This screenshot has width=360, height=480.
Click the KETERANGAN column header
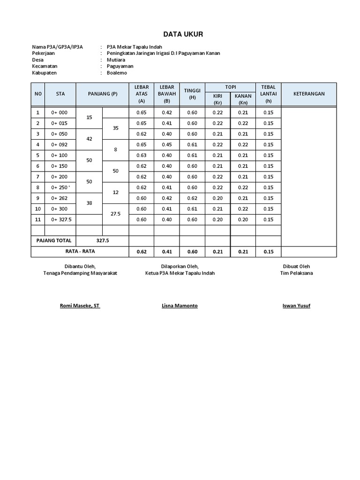coord(309,94)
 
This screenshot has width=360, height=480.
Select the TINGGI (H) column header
coord(192,94)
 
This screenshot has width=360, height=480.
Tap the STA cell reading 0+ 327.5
coord(60,219)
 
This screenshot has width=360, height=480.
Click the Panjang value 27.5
coord(115,214)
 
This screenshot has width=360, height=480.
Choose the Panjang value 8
coord(115,150)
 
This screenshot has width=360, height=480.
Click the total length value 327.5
coord(102,240)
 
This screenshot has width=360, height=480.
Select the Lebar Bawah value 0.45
coord(167,144)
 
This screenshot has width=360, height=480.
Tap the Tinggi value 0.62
coord(192,198)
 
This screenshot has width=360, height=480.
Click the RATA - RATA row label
coord(80,252)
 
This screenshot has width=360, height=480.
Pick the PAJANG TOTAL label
coord(54,240)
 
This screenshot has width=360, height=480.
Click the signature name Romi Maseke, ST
coord(80,306)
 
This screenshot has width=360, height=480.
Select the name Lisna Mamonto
coord(180,306)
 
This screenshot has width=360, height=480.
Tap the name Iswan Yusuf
coord(296,306)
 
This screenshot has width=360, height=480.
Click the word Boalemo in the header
coord(117,73)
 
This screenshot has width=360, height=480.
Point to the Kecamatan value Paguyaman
coord(120,66)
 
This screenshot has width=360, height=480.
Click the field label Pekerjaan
coord(44,53)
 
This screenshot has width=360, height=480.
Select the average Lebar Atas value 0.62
coord(141,252)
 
